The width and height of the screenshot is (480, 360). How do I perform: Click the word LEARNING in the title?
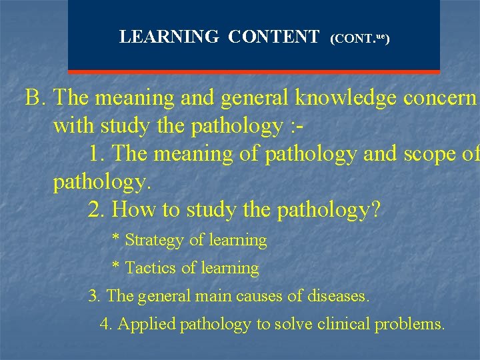[x=169, y=37]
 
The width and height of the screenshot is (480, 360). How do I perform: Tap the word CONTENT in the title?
[x=273, y=37]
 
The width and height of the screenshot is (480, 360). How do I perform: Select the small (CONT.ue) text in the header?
[x=360, y=39]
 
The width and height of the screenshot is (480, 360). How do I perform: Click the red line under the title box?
[x=254, y=71]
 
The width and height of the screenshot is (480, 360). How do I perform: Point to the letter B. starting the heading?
[x=35, y=98]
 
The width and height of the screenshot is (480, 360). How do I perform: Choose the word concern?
[x=440, y=98]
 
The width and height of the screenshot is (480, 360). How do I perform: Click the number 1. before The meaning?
[x=96, y=154]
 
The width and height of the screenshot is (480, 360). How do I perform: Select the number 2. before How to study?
[x=96, y=210]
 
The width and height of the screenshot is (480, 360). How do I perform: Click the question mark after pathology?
[x=375, y=210]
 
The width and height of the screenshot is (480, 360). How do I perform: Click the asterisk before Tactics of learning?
[x=115, y=267]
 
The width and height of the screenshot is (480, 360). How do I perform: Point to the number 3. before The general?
[x=95, y=295]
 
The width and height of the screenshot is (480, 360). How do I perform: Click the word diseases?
[x=339, y=295]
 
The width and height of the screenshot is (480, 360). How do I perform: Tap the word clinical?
[x=344, y=325]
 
